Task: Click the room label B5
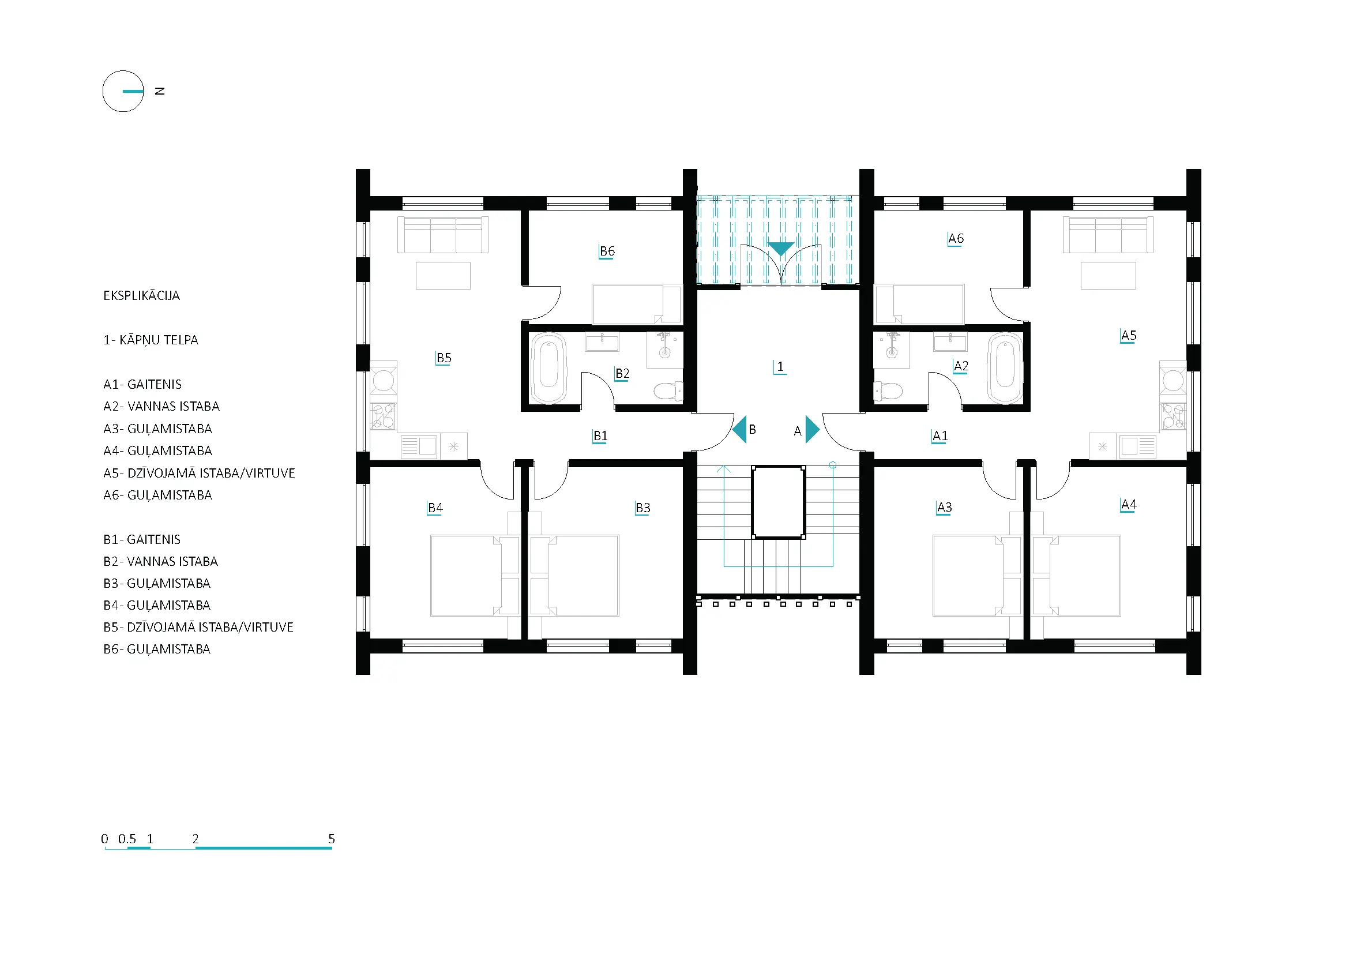444,358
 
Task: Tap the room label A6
956,239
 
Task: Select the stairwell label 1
780,367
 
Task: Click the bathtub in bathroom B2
548,369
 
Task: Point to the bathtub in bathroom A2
1005,369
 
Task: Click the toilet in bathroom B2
668,390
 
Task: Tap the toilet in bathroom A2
888,390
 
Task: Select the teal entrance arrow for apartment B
739,430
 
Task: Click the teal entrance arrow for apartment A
813,430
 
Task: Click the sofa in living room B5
443,235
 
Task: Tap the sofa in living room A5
1108,235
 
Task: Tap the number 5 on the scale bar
332,839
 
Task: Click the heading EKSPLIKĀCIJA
142,295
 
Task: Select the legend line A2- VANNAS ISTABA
161,407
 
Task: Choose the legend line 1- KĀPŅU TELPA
151,340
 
